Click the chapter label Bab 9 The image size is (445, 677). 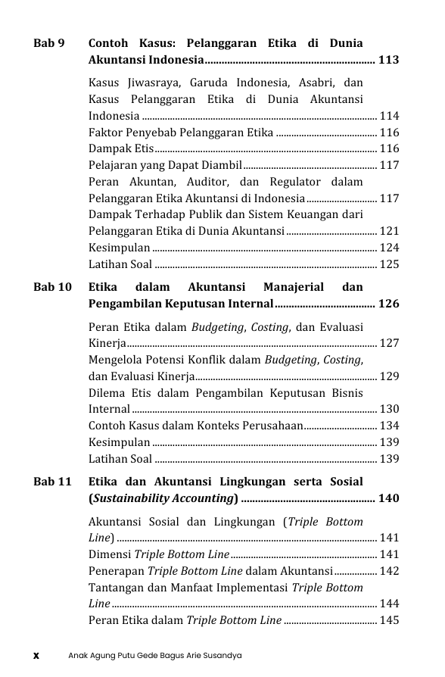(x=48, y=43)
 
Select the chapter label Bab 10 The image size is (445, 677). (x=52, y=287)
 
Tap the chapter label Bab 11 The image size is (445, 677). (x=52, y=482)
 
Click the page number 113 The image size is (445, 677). (x=388, y=60)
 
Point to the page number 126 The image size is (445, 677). (x=388, y=304)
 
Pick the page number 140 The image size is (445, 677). (x=388, y=498)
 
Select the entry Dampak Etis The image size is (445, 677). (x=121, y=148)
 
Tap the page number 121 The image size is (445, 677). (x=389, y=231)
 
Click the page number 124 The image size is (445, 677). (x=389, y=248)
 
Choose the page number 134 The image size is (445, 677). (x=389, y=426)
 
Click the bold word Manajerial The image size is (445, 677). (x=293, y=287)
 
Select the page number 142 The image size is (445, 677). (x=389, y=571)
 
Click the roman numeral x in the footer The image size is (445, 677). (x=36, y=655)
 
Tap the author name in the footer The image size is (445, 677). (x=154, y=655)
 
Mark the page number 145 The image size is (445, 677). (x=389, y=621)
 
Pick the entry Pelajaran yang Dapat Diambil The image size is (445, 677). (x=164, y=165)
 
